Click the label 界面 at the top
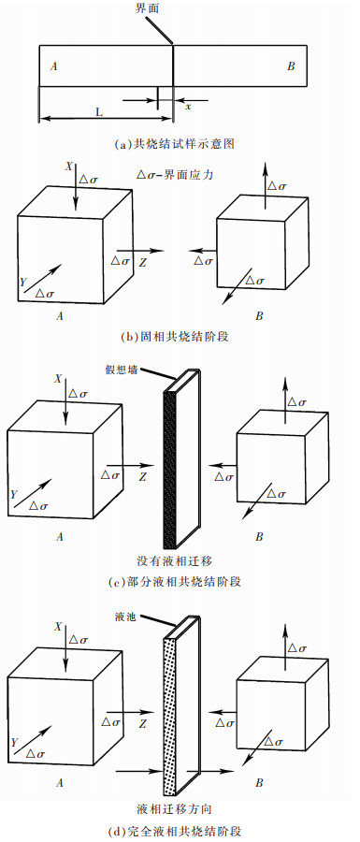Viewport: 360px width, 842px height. point(148,8)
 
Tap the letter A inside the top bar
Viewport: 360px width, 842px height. point(54,66)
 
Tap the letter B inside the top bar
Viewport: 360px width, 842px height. point(291,66)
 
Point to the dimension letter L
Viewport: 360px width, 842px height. point(99,110)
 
